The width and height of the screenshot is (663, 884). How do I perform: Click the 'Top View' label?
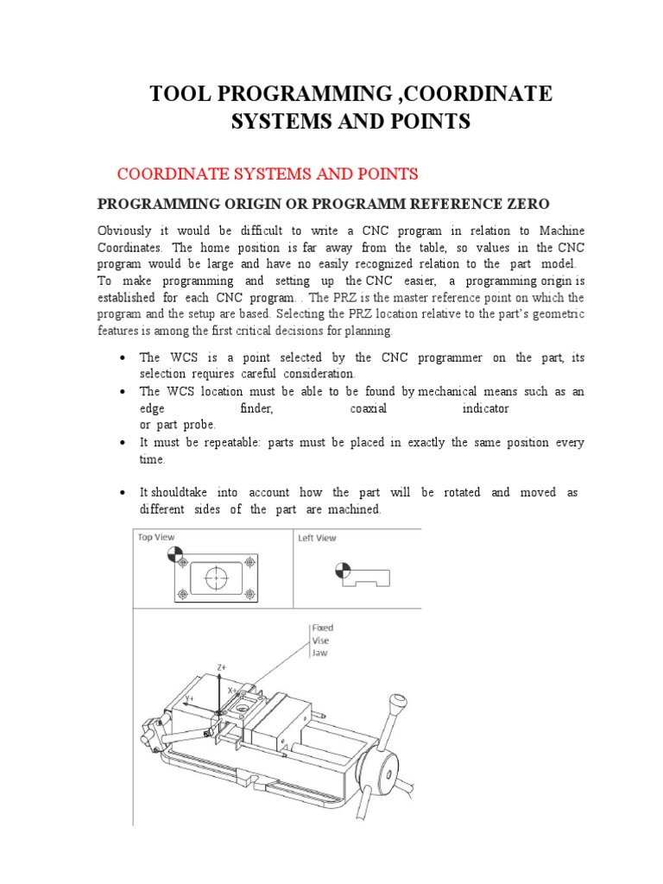point(156,537)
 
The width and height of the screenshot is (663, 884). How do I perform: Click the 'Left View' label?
point(318,537)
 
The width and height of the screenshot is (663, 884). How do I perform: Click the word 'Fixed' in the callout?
point(323,628)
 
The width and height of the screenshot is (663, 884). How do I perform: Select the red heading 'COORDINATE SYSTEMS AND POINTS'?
point(268,174)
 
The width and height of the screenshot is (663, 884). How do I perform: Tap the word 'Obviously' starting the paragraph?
point(124,231)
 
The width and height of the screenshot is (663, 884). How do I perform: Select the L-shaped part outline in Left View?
point(367,577)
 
